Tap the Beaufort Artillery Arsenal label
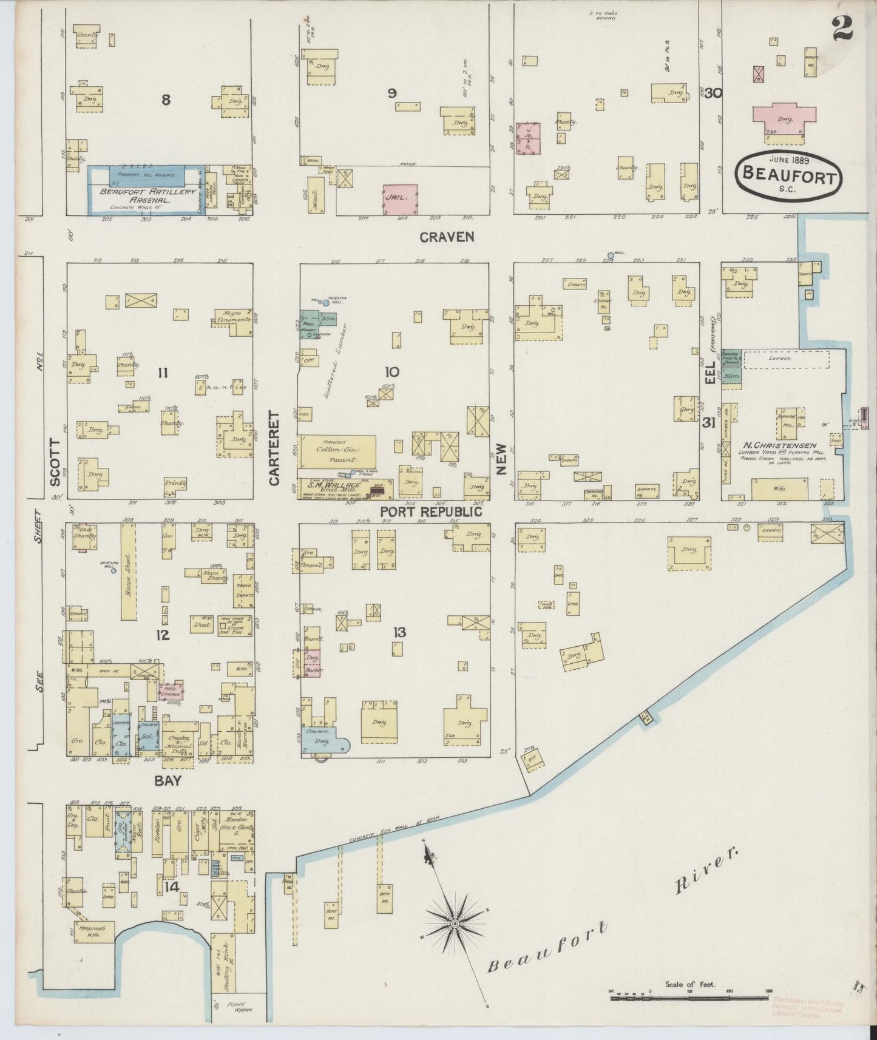148,195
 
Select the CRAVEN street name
447,237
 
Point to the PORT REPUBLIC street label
431,512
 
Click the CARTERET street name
274,448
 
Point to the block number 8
165,100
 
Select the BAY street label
168,781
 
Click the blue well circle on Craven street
611,256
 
